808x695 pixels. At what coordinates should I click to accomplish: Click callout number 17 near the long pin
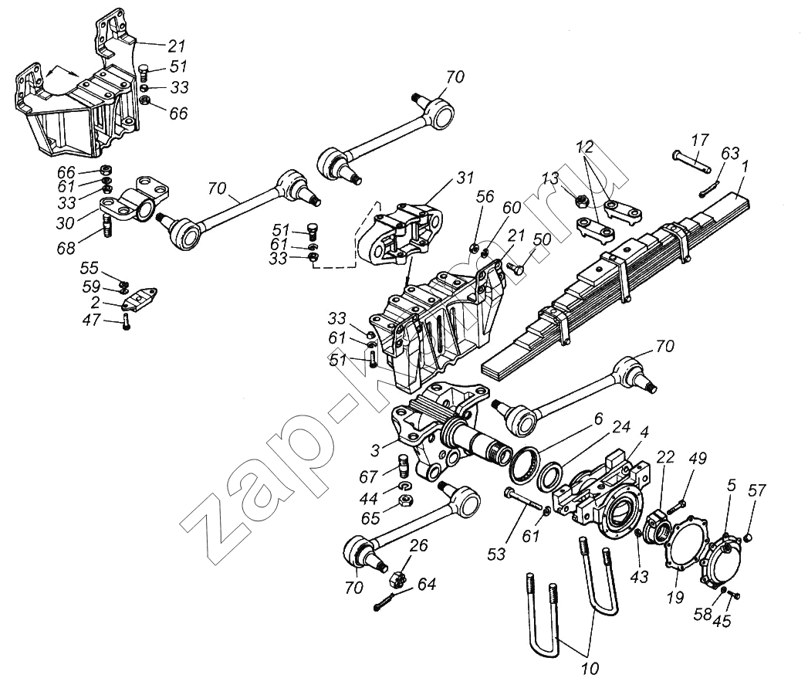[700, 141]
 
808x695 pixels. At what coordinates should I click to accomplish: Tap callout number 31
[465, 178]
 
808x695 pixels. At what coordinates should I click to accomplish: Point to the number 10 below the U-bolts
[590, 669]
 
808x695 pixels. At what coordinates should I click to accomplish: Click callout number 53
[496, 554]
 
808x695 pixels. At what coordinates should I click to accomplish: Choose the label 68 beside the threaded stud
[66, 248]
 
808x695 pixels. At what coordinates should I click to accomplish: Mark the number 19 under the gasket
[674, 597]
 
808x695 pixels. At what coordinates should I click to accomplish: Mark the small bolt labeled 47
[127, 324]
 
